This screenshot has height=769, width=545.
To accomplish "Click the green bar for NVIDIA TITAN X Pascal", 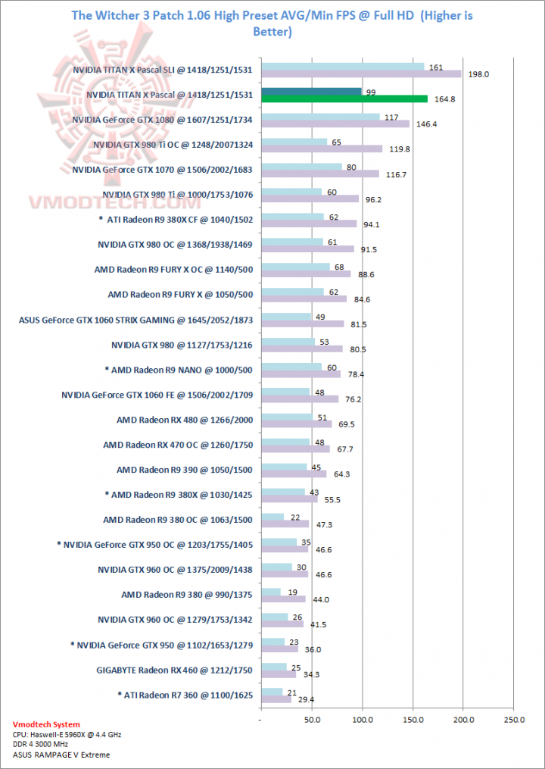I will click(344, 98).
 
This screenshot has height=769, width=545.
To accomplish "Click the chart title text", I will click(272, 23).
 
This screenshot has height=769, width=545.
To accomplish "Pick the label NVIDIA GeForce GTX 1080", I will click(162, 119).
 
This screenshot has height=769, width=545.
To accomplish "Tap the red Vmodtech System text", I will click(46, 725).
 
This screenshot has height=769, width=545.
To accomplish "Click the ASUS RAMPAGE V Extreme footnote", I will click(61, 755).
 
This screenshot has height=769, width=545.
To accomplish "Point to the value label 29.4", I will click(306, 699).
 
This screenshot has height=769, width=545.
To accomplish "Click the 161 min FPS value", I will click(435, 67).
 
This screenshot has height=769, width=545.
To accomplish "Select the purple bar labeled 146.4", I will click(335, 123).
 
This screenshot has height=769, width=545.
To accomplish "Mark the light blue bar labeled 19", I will click(270, 592).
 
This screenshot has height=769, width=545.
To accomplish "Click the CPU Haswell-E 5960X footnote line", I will click(66, 735).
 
